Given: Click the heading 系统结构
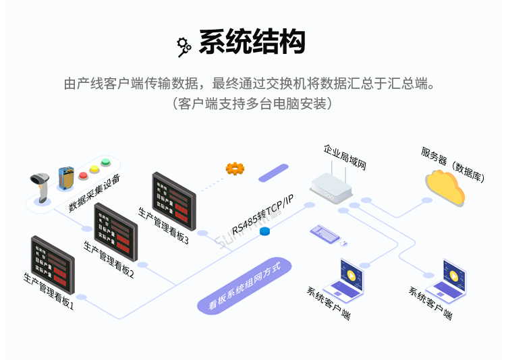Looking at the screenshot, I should (252, 42).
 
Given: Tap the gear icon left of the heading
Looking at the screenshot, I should (184, 45).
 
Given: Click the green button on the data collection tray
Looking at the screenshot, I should (105, 162).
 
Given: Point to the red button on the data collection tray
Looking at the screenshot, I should (84, 175).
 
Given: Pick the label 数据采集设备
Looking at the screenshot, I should (94, 193).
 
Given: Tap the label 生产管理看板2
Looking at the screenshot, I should (109, 259).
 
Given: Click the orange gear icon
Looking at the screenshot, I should (235, 169).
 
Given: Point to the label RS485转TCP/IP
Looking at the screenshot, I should (263, 214).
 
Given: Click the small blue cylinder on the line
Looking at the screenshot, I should (264, 232).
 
